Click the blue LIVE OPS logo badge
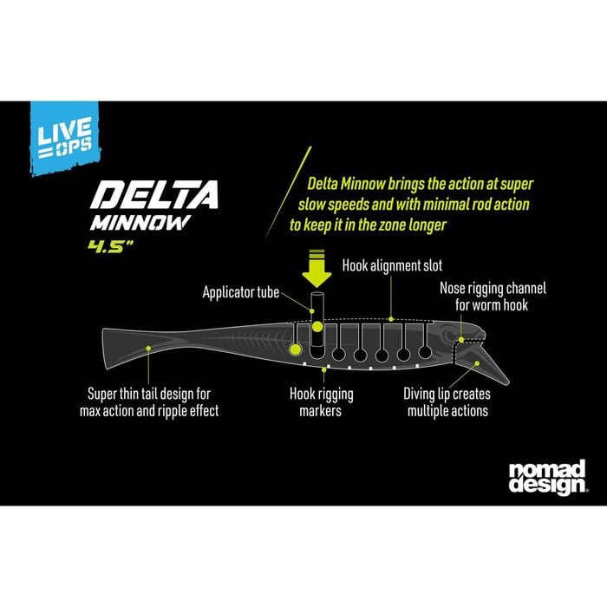pos(65,137)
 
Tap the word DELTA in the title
pos(154,195)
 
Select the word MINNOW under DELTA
pos(140,223)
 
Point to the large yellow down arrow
pos(317,268)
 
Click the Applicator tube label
pos(240,292)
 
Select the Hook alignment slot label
pos(392,265)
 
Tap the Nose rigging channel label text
pos(493,297)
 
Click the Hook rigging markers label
pos(322,402)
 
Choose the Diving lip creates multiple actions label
pos(447,402)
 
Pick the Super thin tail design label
pos(149,402)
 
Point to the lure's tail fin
pos(124,348)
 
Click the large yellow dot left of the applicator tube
pos(296,349)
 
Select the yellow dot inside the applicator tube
pos(317,327)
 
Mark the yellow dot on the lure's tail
pos(148,349)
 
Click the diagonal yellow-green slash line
pos(289,192)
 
